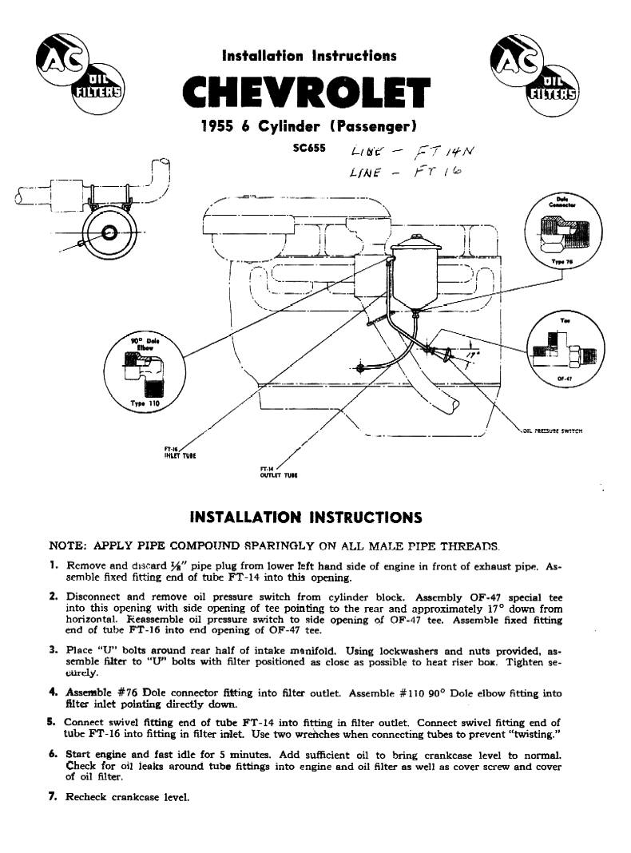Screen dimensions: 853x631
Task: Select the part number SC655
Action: tap(308, 149)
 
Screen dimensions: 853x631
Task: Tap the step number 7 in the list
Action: tap(53, 796)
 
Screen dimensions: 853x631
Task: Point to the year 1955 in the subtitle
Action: tap(216, 127)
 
